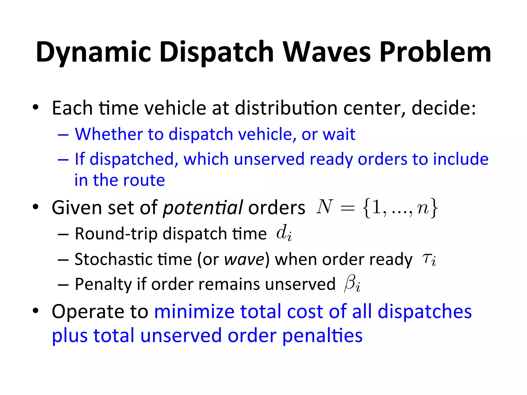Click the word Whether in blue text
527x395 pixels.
(x=108, y=134)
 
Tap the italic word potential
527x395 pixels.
(x=203, y=208)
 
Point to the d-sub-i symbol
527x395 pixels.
(x=284, y=233)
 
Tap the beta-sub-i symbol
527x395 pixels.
(x=352, y=284)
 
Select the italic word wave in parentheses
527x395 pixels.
(x=244, y=259)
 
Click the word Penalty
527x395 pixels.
(x=103, y=284)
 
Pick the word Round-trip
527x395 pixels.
(x=116, y=234)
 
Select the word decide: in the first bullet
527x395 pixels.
(x=444, y=108)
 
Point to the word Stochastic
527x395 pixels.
(x=113, y=259)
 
